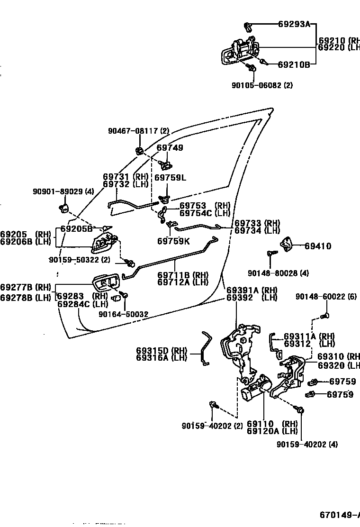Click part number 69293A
click(x=294, y=25)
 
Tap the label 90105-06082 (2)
click(x=262, y=86)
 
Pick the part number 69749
click(x=170, y=148)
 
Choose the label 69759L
click(x=171, y=178)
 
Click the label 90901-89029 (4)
click(x=63, y=191)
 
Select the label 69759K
click(x=173, y=241)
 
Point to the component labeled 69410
click(x=288, y=244)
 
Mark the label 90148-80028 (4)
click(x=278, y=273)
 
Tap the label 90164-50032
click(x=123, y=314)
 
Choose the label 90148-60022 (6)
click(x=326, y=296)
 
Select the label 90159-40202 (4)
click(x=307, y=445)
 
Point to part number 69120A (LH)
click(x=272, y=431)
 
